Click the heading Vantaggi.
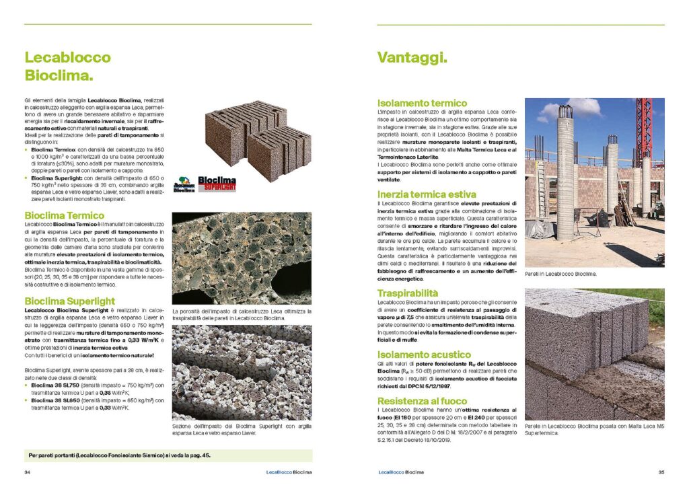pyautogui.click(x=412, y=59)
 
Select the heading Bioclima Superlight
pyautogui.click(x=69, y=301)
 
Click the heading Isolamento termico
pyautogui.click(x=422, y=103)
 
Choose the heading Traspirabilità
pyautogui.click(x=408, y=293)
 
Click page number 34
pyautogui.click(x=28, y=472)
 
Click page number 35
pyautogui.click(x=661, y=472)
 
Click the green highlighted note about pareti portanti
pyautogui.click(x=168, y=455)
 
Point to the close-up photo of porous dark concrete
pyautogui.click(x=242, y=258)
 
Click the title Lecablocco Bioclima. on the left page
pyautogui.click(x=68, y=66)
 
